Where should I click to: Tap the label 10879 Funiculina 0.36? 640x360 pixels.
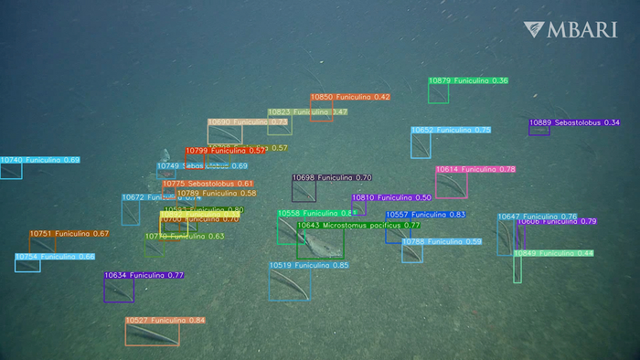click(x=468, y=81)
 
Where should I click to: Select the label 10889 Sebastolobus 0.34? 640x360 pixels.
click(x=574, y=122)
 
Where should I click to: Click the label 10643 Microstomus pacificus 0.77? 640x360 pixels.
click(x=358, y=225)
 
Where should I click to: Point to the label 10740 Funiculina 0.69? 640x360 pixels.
click(x=40, y=160)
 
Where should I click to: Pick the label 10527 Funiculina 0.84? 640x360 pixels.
click(x=165, y=321)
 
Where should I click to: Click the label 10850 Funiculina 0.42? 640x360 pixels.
click(x=350, y=97)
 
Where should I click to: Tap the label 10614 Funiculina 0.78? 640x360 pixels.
click(x=475, y=170)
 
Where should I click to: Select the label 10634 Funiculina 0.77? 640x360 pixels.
click(x=144, y=275)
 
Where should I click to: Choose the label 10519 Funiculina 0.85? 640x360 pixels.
click(x=309, y=265)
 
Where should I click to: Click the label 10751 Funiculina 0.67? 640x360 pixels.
click(x=69, y=234)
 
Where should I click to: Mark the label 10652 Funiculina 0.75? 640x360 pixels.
click(x=451, y=131)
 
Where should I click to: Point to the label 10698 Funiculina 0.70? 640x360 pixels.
click(x=332, y=177)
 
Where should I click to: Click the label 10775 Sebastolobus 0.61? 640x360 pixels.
click(x=208, y=184)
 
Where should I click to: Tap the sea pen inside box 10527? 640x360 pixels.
click(x=153, y=334)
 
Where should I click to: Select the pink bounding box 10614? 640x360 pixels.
click(x=451, y=185)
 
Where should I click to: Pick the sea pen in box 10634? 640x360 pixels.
click(x=118, y=290)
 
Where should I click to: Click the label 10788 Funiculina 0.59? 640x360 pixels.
click(x=442, y=242)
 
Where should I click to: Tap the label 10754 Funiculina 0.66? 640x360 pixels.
click(x=55, y=257)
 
